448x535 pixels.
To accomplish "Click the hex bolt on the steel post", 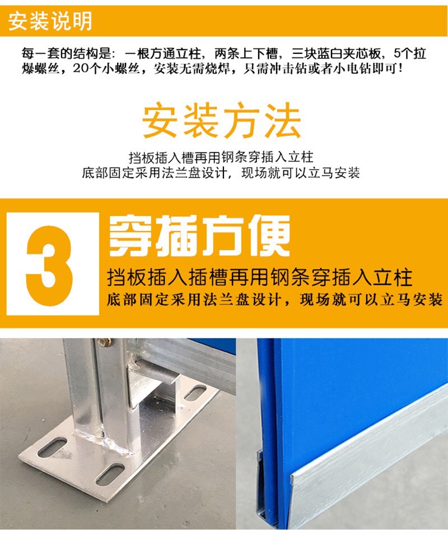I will pos(102,342).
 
